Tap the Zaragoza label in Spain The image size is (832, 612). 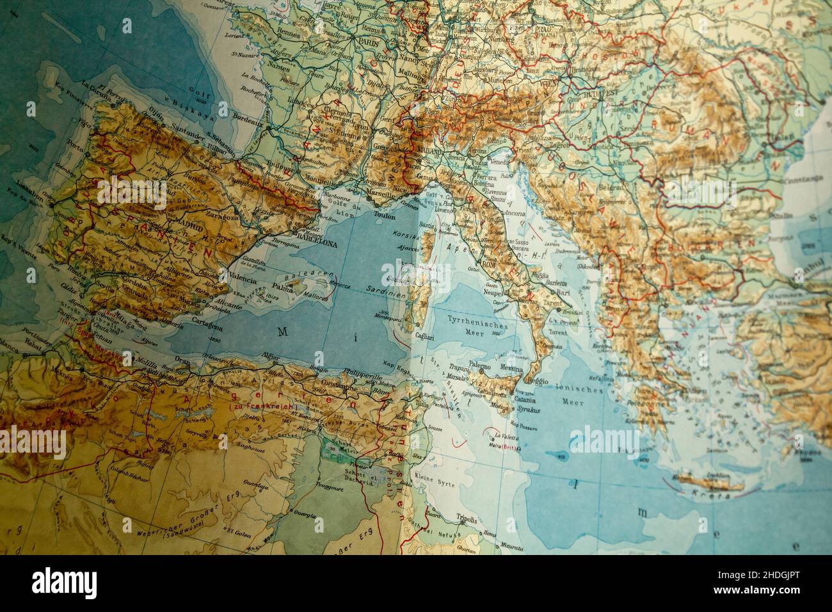point(220,216)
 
